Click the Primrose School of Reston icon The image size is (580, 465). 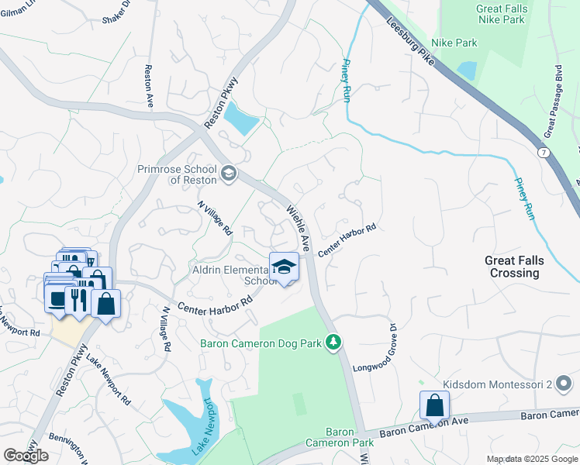228,173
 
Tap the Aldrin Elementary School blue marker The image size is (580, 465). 284,267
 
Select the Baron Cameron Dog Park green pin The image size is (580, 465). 333,342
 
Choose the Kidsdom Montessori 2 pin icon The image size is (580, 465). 564,384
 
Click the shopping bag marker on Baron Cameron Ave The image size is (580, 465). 434,405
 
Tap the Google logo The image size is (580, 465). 26,455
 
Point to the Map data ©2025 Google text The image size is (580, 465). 532,459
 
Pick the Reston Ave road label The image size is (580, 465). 147,86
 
